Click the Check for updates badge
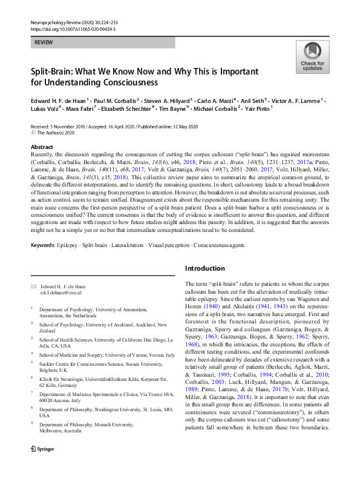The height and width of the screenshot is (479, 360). [x=312, y=57]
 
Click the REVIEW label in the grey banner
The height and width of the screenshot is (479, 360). [x=43, y=42]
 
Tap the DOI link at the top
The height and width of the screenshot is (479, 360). [x=65, y=28]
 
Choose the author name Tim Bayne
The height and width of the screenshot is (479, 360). [x=182, y=109]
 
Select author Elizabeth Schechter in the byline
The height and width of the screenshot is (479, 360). [x=128, y=109]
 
